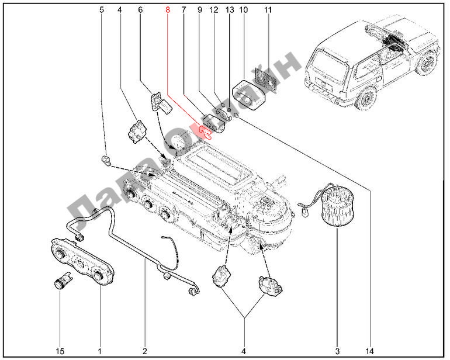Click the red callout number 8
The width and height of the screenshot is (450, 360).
[168, 11]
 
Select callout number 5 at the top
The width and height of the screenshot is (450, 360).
[102, 11]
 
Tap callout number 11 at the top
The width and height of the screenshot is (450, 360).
[268, 11]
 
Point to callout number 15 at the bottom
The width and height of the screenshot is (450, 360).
[60, 351]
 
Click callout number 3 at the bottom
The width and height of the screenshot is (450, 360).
[337, 351]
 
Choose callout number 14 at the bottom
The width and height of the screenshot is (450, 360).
[369, 351]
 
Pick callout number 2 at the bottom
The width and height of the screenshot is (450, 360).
[144, 351]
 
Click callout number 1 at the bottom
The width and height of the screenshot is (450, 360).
[100, 351]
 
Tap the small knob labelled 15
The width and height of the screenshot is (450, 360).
[60, 283]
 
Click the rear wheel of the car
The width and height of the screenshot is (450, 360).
[367, 95]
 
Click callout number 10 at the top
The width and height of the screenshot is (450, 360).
[244, 11]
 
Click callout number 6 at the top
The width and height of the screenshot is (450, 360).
[140, 11]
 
